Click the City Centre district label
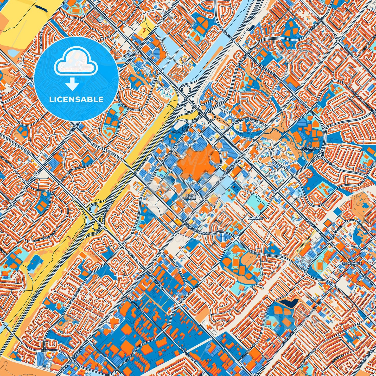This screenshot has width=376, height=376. click(x=188, y=196)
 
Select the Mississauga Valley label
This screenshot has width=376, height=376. click(x=309, y=149)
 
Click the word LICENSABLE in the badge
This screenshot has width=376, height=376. click(x=77, y=99)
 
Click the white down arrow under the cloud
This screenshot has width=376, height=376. click(x=73, y=85)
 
